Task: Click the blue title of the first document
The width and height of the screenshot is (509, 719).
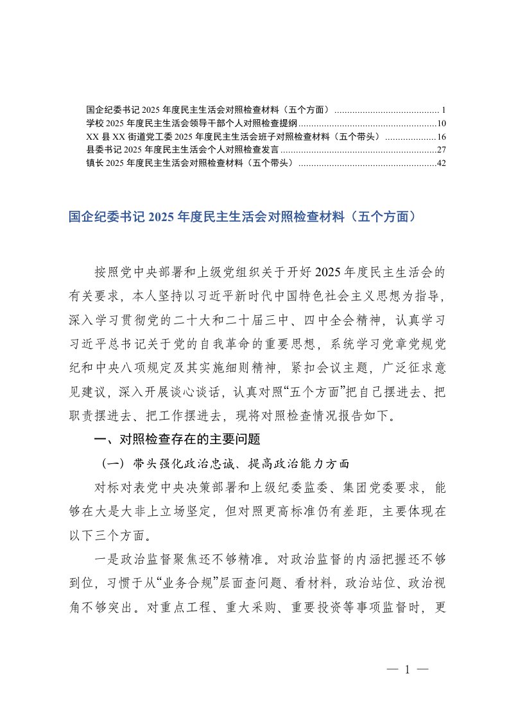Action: [x=245, y=217]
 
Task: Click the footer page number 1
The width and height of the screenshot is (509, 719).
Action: [x=407, y=670]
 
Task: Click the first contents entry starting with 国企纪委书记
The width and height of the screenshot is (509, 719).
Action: [x=209, y=110]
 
